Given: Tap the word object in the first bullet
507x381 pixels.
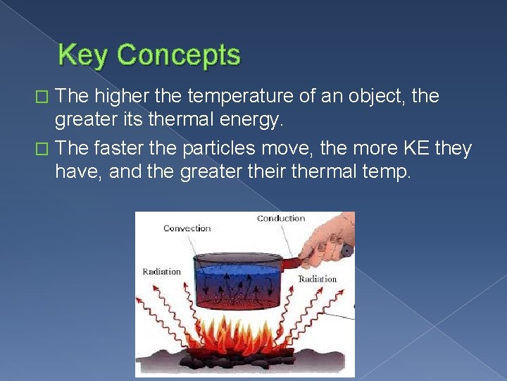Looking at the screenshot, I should (x=370, y=96).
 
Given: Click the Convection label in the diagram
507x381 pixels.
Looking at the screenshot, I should (x=187, y=228).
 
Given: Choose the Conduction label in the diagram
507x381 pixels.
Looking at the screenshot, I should (x=280, y=218).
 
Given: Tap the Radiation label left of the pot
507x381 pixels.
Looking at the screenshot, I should (x=161, y=272).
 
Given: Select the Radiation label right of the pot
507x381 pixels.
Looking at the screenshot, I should (x=317, y=279).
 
